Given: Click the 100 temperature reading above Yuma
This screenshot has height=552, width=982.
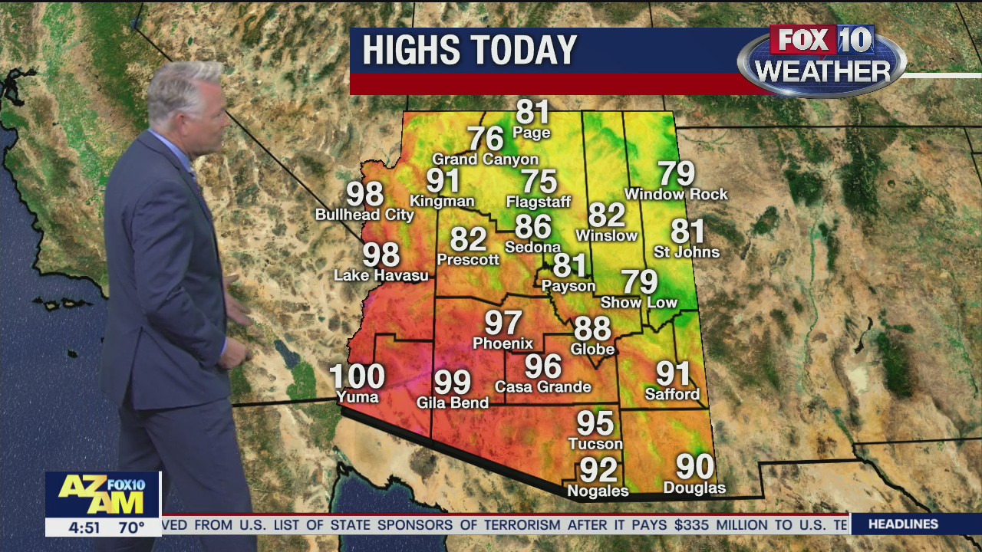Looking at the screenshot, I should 357,376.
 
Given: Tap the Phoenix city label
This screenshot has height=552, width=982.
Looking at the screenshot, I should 503,343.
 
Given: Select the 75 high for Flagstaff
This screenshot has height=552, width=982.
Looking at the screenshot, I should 539,182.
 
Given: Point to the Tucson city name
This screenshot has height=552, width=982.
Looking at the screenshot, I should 595,444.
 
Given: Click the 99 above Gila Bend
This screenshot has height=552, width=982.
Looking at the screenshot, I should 452,382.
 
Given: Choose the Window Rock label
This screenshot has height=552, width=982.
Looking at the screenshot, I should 676,195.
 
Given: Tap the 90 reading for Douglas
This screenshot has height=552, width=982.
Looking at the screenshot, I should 694,466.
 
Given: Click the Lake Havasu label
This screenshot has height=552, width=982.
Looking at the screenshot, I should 381,275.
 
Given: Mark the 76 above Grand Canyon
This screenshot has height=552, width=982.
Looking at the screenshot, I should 485,139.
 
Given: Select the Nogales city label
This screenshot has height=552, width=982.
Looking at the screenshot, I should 598,491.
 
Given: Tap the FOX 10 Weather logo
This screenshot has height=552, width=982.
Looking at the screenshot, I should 822,60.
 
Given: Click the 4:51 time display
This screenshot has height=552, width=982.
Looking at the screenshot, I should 84,527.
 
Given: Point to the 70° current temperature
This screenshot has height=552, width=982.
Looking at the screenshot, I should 131,527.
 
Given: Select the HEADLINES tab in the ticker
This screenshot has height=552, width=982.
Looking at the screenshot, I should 903,524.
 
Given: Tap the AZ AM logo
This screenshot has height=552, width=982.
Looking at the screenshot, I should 102,494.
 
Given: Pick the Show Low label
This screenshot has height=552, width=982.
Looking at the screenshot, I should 638,303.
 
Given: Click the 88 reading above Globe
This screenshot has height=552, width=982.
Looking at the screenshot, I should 592,329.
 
